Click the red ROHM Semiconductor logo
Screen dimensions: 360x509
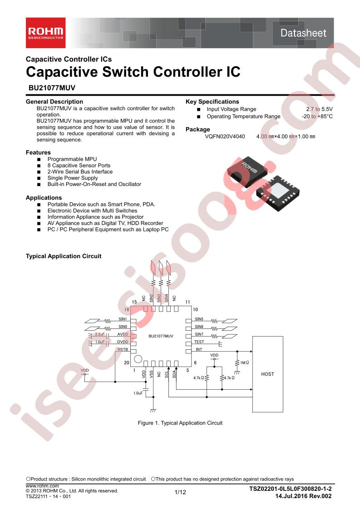click(46, 33)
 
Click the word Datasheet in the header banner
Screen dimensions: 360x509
click(303, 33)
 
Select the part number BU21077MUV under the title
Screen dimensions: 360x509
click(51, 88)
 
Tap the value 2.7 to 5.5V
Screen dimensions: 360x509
click(320, 109)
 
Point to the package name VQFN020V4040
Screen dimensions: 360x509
click(225, 137)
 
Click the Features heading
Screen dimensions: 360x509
click(38, 152)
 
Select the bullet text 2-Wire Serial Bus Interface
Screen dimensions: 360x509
click(80, 172)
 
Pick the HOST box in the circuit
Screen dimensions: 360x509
click(268, 374)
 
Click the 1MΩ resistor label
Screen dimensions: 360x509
click(244, 362)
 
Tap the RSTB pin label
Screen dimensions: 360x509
click(123, 350)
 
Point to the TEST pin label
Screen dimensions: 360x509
click(199, 342)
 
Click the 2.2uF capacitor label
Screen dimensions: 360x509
click(100, 334)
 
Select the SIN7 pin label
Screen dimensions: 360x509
click(199, 334)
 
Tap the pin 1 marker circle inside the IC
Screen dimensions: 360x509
click(138, 359)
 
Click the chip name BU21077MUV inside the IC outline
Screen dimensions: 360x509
click(161, 336)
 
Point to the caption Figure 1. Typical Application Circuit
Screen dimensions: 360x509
click(180, 423)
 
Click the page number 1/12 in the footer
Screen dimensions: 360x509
click(180, 492)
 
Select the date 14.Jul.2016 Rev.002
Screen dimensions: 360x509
click(303, 496)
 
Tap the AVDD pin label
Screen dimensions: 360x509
click(123, 334)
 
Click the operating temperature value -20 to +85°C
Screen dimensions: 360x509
click(317, 116)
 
